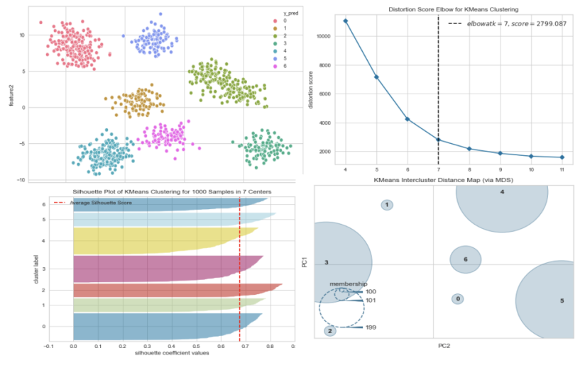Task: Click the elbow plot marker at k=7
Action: (x=438, y=140)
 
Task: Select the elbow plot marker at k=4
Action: (x=346, y=21)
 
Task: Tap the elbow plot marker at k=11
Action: (x=562, y=157)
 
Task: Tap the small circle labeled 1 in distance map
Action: (x=387, y=205)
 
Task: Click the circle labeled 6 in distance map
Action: (x=466, y=259)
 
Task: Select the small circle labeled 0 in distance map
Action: (x=458, y=298)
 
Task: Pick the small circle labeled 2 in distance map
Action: (x=330, y=330)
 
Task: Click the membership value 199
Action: (x=371, y=327)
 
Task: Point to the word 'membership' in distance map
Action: (x=348, y=283)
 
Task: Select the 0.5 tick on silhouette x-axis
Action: (x=196, y=347)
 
